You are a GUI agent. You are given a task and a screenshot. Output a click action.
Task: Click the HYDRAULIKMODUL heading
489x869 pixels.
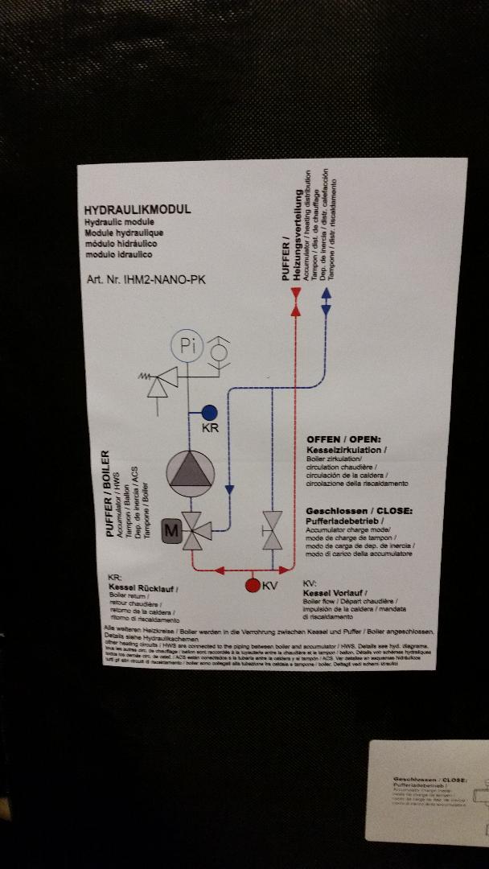click(x=138, y=209)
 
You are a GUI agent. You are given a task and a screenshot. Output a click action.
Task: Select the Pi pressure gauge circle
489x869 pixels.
click(x=188, y=346)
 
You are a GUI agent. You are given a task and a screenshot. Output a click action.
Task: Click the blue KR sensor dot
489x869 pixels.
click(x=209, y=411)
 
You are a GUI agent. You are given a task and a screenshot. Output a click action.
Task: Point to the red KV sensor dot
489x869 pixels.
click(x=253, y=585)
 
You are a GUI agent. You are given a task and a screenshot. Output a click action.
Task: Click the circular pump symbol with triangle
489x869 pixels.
click(x=191, y=472)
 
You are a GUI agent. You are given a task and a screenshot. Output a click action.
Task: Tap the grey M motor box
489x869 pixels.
click(x=171, y=530)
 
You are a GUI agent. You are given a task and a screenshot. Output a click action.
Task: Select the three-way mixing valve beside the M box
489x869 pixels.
click(x=193, y=531)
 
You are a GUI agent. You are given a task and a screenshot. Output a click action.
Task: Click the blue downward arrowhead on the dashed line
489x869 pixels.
click(x=229, y=488)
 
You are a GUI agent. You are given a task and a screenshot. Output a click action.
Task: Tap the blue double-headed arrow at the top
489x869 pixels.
click(x=325, y=303)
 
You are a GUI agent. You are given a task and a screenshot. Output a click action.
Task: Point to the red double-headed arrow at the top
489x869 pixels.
click(x=295, y=303)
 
